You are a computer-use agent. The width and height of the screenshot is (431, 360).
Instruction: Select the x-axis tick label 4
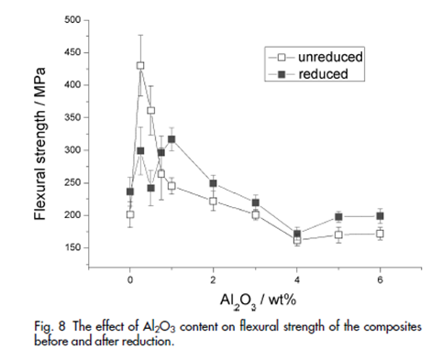tap(296, 280)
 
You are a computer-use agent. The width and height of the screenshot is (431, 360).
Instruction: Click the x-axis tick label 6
tap(380, 280)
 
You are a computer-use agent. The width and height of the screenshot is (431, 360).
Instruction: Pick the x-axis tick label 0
tap(130, 280)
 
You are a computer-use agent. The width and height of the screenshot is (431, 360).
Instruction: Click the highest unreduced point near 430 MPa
tap(140, 65)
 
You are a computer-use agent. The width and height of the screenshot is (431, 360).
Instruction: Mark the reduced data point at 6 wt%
tap(380, 216)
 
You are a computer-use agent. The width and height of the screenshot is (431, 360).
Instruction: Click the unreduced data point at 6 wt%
tap(380, 234)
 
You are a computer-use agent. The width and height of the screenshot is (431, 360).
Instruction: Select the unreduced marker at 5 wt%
tap(338, 235)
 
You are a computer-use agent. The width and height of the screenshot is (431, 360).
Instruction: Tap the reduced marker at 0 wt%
tap(130, 191)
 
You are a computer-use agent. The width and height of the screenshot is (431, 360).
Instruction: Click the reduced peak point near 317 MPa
tap(171, 139)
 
